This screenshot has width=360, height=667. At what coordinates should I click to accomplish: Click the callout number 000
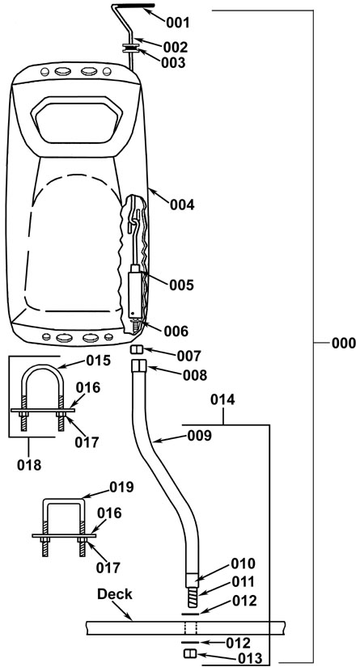coord(343,343)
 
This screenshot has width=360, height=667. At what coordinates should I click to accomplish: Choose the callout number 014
coord(223,400)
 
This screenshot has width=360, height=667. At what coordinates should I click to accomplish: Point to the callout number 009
coord(198,436)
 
